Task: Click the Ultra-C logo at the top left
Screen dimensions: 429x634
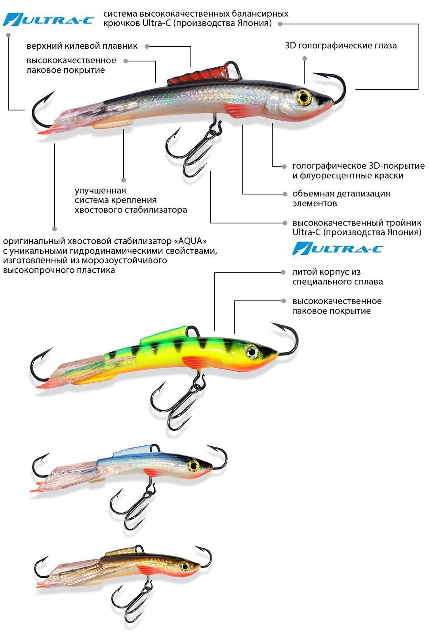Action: pyautogui.click(x=48, y=20)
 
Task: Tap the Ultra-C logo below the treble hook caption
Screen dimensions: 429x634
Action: pyautogui.click(x=337, y=248)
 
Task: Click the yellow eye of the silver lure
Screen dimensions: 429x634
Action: pyautogui.click(x=304, y=98)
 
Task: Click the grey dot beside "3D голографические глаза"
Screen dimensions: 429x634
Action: pyautogui.click(x=305, y=59)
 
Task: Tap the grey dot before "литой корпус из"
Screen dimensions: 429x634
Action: pyautogui.click(x=283, y=272)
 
